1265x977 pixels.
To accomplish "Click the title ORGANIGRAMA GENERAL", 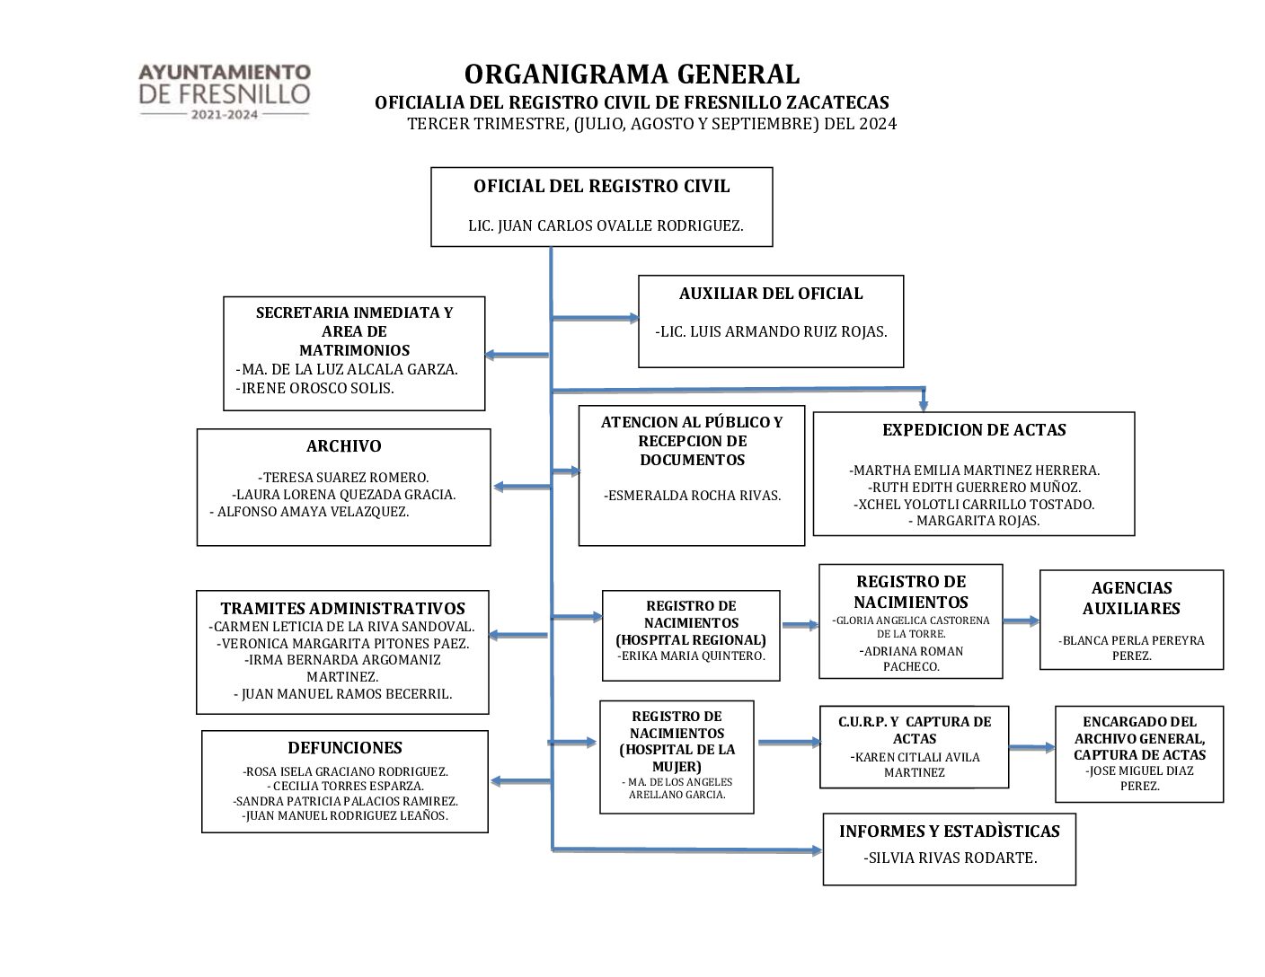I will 632,74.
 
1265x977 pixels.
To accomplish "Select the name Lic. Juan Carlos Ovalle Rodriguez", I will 606,226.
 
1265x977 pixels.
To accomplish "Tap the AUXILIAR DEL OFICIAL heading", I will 771,294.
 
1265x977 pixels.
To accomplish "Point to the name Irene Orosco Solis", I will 315,388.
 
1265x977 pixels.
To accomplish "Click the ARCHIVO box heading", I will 343,446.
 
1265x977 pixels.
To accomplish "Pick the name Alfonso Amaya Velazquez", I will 310,512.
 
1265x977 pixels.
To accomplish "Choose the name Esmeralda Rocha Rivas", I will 692,495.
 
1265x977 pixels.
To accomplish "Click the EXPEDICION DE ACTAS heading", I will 974,430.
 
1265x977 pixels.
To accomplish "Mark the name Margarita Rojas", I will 974,521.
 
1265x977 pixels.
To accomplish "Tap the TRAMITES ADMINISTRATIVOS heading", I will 343,609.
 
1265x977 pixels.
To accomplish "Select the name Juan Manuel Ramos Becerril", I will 343,694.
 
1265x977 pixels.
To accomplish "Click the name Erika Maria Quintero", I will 691,656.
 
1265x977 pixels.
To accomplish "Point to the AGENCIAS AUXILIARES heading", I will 1131,598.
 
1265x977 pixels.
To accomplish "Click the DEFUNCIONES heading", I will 345,748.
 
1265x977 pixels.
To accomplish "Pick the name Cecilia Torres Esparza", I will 345,786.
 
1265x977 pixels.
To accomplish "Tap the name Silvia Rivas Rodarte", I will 951,858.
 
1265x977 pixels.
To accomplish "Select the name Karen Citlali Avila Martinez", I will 915,764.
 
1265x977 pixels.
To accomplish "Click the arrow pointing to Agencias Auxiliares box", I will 1021,621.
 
